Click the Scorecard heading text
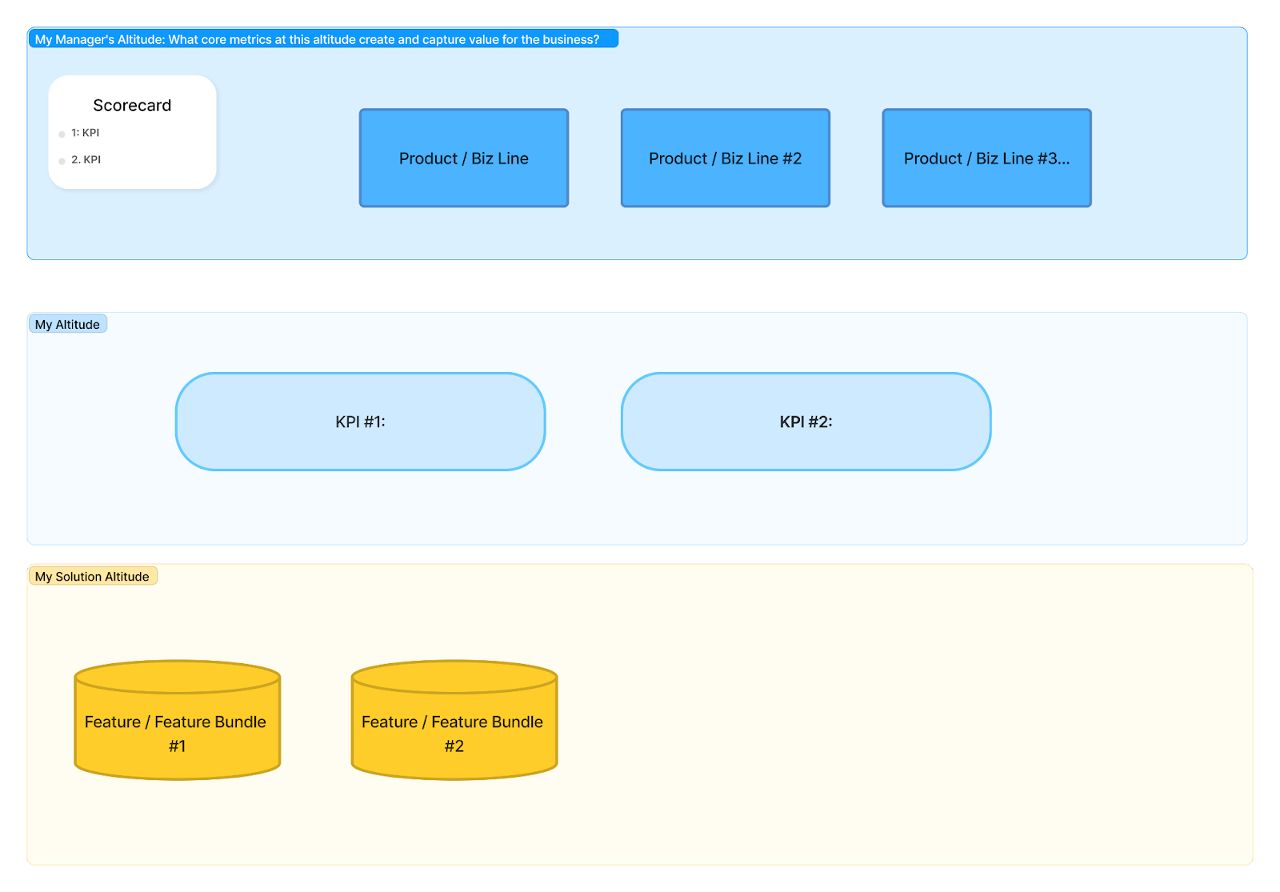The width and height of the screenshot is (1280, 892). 132,106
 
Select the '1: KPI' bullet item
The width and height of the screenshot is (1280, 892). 85,133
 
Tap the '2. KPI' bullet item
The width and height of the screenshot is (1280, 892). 86,160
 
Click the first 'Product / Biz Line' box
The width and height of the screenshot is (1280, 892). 463,158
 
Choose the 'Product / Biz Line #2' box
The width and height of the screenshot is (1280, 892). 725,158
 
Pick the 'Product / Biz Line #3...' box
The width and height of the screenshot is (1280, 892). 986,158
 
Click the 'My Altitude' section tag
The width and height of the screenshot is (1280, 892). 67,325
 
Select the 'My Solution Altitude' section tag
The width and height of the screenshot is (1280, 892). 92,577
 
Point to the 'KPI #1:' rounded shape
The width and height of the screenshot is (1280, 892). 360,422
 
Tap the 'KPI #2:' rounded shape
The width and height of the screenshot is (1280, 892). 806,422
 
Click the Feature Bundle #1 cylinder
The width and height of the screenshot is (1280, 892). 177,732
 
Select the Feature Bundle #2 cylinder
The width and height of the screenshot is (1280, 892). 454,732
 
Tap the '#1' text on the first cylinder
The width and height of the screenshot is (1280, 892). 177,746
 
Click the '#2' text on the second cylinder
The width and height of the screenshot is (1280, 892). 454,746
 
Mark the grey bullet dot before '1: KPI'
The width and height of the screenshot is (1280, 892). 62,134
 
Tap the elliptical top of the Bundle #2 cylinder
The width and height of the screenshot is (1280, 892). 454,677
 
